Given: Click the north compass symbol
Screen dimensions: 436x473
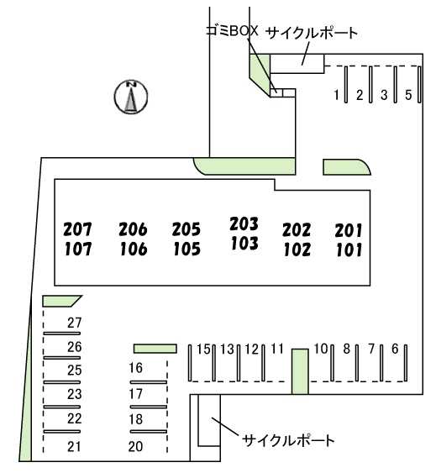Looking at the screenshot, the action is click(x=131, y=97).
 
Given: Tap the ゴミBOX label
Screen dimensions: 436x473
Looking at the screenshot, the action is click(x=232, y=31).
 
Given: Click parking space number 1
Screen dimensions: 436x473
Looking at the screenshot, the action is click(x=336, y=95).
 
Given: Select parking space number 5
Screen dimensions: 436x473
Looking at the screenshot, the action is click(x=408, y=95).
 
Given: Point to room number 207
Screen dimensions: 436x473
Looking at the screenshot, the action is click(x=77, y=229).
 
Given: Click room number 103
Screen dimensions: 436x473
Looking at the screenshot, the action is click(x=244, y=244).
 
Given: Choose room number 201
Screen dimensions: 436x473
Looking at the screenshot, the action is click(x=349, y=231).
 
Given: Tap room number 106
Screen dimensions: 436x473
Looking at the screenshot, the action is click(x=134, y=250).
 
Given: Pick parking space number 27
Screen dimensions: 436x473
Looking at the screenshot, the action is click(x=74, y=323).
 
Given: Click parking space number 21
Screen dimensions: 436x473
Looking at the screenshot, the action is click(x=74, y=446).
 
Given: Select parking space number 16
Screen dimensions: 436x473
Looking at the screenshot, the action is click(x=135, y=368).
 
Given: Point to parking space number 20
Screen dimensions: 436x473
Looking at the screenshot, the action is click(x=135, y=446).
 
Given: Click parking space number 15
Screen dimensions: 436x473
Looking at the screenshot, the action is click(x=203, y=349).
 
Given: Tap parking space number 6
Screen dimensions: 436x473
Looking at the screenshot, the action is click(x=395, y=349).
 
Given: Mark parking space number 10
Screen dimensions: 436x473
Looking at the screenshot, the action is click(x=321, y=349).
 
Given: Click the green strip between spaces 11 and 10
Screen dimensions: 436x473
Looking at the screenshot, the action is click(x=300, y=371).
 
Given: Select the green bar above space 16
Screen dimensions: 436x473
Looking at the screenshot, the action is click(x=155, y=349).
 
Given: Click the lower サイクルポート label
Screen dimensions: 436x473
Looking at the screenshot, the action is click(x=288, y=441).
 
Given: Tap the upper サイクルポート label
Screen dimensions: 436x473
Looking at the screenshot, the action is click(x=313, y=33).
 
